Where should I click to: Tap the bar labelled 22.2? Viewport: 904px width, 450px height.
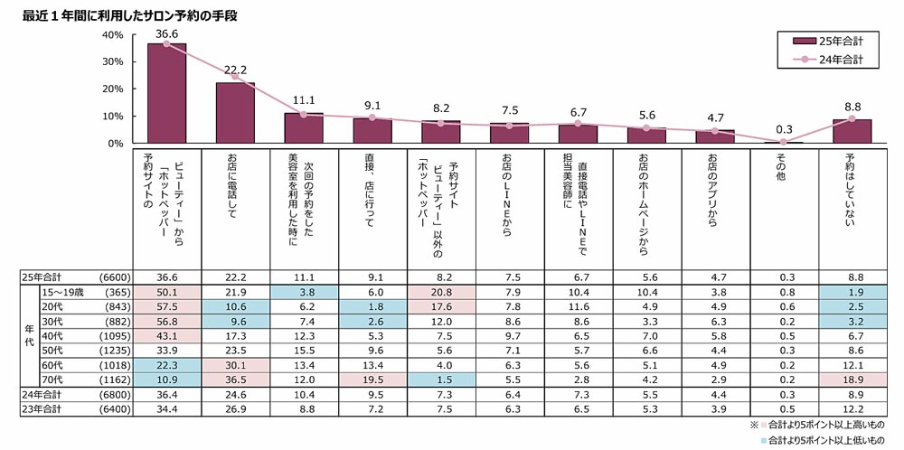[235, 113]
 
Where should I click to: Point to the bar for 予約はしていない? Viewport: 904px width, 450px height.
[852, 132]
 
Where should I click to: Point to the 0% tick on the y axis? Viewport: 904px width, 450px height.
[116, 144]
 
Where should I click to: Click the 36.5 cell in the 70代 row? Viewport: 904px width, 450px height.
[235, 380]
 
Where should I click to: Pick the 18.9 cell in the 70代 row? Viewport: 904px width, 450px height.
[852, 380]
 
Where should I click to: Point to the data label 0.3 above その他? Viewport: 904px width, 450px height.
[783, 129]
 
